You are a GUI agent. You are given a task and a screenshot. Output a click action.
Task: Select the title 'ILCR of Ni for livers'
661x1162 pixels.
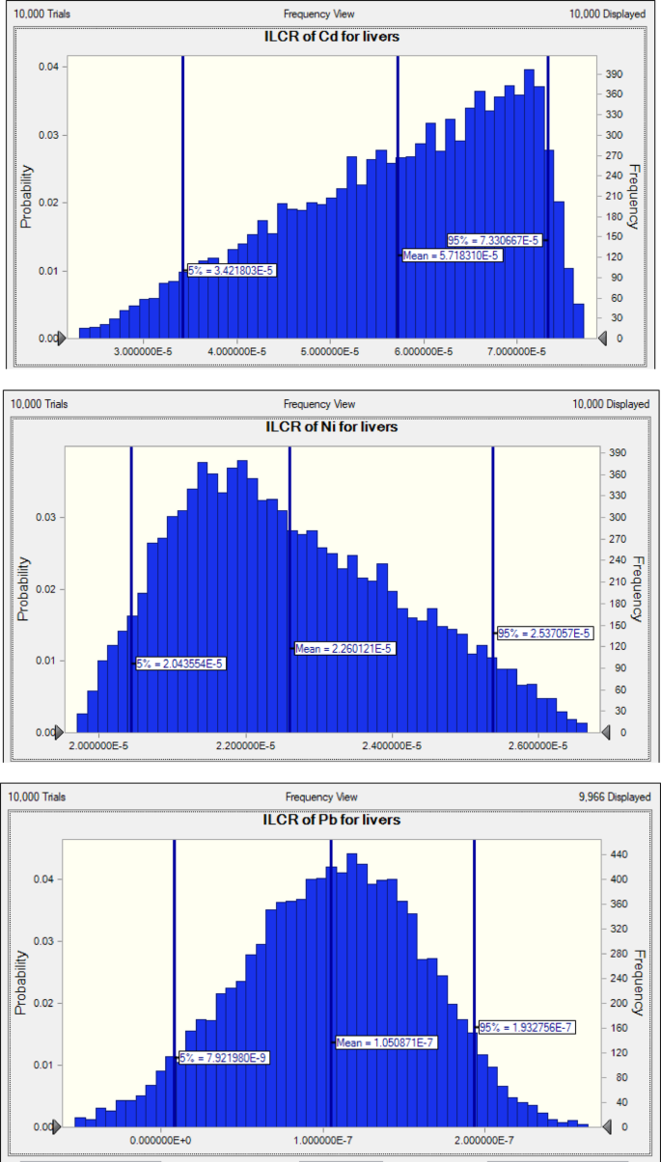(x=331, y=426)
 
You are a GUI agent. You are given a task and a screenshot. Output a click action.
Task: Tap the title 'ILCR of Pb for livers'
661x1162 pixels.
(x=332, y=820)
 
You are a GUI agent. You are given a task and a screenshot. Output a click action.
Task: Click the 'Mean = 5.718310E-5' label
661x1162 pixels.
(x=451, y=256)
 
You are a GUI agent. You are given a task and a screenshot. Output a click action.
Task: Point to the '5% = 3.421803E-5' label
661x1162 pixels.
(x=232, y=271)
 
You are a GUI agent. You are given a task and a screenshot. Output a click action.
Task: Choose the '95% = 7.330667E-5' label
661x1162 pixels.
(x=494, y=240)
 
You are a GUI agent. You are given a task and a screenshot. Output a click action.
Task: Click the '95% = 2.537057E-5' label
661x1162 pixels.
(x=543, y=634)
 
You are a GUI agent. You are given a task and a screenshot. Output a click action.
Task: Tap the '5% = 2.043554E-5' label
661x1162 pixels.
(x=180, y=664)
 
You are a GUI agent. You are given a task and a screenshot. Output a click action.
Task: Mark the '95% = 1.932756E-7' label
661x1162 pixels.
(x=527, y=1027)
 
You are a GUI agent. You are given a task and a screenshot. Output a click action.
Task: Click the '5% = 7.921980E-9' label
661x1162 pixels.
(x=224, y=1058)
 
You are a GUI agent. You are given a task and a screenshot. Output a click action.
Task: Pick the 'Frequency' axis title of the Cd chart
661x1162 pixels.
(x=635, y=198)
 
